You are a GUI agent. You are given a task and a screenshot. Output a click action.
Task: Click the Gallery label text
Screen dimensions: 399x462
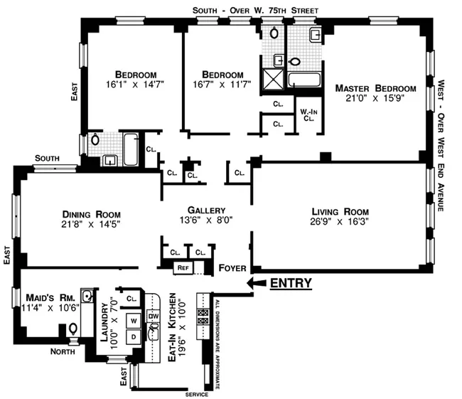pos(206,211)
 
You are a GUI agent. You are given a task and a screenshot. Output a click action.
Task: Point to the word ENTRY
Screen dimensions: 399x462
pos(291,283)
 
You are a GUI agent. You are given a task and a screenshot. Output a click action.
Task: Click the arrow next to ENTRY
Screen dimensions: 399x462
pos(254,283)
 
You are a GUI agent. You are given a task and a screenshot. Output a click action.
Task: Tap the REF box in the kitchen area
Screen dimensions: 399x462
pos(183,268)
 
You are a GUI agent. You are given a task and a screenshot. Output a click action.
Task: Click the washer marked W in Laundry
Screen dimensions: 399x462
pos(133,319)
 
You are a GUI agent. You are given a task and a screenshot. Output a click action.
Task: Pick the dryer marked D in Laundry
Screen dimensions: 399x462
pos(133,336)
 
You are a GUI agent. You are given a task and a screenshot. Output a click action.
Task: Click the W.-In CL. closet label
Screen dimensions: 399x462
pos(308,115)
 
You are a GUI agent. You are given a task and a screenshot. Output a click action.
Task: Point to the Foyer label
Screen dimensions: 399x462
pos(232,269)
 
